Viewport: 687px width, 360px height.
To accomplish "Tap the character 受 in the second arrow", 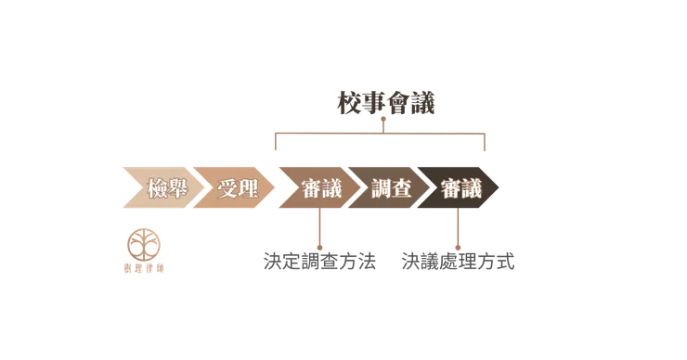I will pos(226,190).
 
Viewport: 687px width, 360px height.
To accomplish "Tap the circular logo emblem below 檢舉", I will pos(143,243).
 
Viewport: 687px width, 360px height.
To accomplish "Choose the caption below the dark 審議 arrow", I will pos(460,264).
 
